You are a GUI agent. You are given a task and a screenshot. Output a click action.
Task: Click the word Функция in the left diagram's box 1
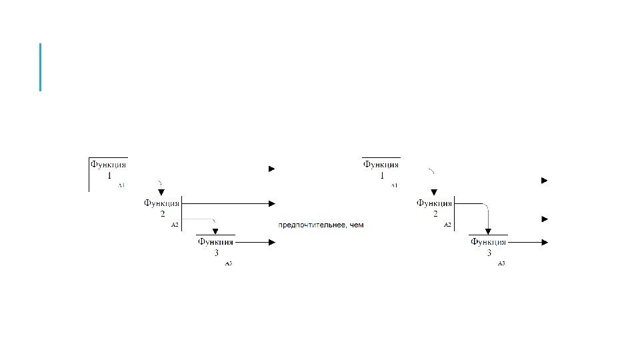109,165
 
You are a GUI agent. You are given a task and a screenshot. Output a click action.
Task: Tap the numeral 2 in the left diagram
162,214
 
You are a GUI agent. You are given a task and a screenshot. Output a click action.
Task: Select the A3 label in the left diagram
228,264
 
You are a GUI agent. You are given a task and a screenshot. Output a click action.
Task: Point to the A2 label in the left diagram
175,225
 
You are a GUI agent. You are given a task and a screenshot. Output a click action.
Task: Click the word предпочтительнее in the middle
313,225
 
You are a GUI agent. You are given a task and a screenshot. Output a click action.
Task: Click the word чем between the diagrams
357,225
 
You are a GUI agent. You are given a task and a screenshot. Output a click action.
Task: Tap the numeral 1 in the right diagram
382,176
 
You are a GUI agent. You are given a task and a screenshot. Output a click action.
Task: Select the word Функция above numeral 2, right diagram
435,203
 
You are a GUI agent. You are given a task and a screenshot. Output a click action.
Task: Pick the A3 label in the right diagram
501,264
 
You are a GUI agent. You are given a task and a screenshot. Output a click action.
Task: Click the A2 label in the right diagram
448,225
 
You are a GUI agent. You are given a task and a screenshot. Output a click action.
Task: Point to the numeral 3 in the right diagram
489,253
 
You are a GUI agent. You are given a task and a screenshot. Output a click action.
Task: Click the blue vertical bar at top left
41,67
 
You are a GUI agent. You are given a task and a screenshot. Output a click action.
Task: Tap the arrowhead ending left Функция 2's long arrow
271,203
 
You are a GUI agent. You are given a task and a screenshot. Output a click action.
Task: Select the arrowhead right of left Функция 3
271,243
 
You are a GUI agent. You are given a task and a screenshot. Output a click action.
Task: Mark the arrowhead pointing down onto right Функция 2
434,192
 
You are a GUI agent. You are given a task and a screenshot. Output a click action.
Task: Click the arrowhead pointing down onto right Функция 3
489,231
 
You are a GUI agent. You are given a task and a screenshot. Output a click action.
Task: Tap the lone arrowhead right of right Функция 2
545,219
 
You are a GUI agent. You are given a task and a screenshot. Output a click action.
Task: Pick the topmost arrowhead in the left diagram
271,169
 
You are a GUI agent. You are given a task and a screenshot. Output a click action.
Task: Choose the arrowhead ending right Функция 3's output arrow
545,243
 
